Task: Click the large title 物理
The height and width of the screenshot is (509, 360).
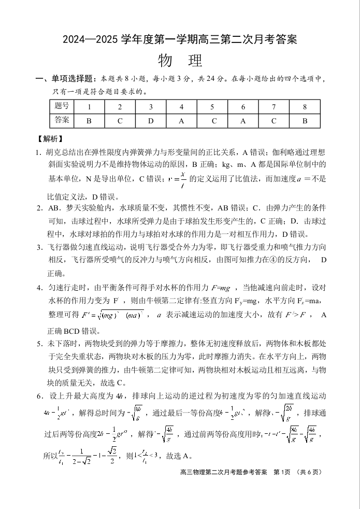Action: click(x=180, y=61)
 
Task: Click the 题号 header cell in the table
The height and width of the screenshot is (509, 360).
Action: click(x=62, y=107)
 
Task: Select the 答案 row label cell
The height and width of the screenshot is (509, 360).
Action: click(x=62, y=121)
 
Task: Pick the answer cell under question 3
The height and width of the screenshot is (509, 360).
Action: click(x=151, y=121)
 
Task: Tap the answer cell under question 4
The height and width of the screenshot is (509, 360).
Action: click(x=181, y=121)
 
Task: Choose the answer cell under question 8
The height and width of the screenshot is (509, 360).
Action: click(x=305, y=121)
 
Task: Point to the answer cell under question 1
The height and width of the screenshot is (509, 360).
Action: click(x=89, y=121)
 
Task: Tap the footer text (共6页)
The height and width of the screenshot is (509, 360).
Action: click(x=310, y=472)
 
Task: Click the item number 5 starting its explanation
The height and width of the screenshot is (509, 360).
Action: click(x=38, y=344)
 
